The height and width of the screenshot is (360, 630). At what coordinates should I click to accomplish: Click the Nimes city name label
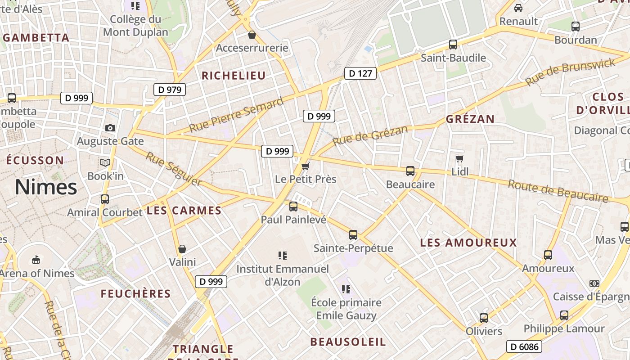pos(46,187)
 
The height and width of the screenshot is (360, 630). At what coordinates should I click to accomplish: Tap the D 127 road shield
pos(360,73)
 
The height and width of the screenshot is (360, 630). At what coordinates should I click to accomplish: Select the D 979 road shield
pos(170,90)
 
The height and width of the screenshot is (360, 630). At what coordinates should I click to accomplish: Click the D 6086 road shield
pos(524,346)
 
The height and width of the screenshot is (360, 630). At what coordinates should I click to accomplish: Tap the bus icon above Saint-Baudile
pos(453,45)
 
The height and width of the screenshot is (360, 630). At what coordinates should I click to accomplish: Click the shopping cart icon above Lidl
pos(459,158)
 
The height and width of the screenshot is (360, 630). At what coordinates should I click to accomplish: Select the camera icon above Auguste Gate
pos(110,128)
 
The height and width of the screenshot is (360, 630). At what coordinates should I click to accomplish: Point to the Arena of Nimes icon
pos(36,260)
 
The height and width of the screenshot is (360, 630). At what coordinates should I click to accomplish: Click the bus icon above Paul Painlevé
pos(293,207)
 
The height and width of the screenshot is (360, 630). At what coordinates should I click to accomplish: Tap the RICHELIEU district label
pos(234,76)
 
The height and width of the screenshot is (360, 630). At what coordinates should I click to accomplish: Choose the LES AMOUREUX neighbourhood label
pos(468,243)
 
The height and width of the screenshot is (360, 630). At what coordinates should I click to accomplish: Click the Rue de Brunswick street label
pos(570,72)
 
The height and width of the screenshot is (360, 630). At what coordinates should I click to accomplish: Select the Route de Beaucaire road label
pos(558,191)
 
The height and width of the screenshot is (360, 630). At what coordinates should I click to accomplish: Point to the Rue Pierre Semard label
pos(236,114)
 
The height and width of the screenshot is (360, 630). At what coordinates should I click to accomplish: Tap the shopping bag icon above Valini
pos(182,249)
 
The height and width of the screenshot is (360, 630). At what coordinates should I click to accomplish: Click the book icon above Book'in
pos(105,162)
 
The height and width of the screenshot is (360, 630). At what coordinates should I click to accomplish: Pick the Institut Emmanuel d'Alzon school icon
pos(283,256)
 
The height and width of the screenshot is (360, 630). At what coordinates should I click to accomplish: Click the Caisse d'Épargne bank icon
pos(594,283)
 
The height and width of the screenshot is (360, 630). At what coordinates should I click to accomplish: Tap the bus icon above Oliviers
pos(484,318)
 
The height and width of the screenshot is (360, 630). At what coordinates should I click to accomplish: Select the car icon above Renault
pos(518,8)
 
